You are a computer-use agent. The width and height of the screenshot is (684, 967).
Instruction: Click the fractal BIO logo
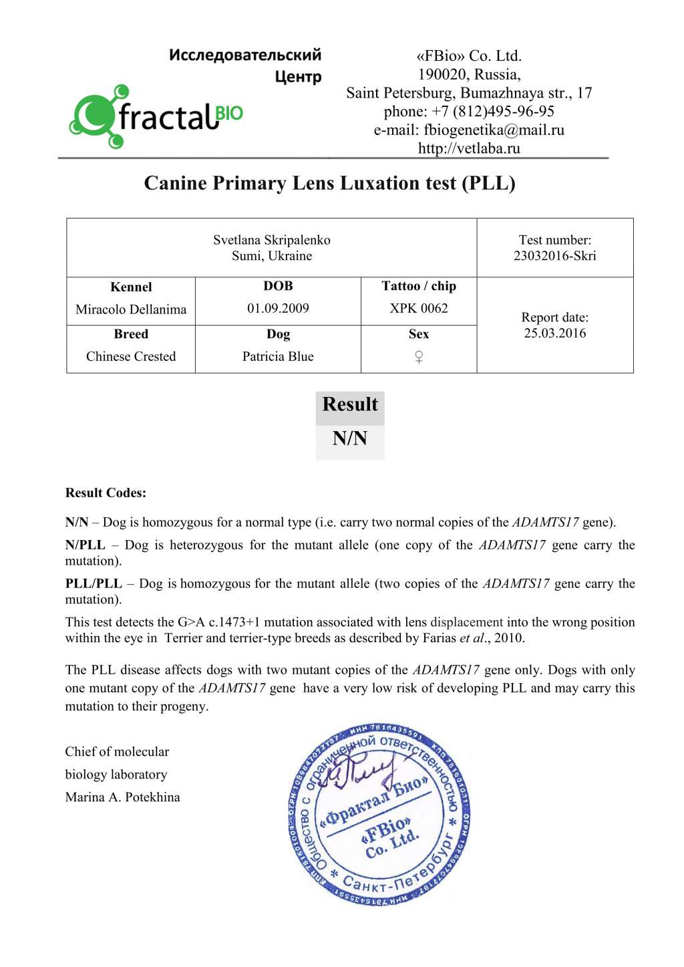[x=156, y=116]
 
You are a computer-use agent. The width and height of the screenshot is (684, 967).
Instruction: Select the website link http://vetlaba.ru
[x=469, y=148]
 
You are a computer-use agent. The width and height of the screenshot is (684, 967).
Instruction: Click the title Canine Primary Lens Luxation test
[x=329, y=183]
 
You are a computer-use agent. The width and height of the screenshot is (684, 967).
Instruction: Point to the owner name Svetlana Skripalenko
[x=271, y=240]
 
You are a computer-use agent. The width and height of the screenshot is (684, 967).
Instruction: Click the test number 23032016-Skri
[x=554, y=256]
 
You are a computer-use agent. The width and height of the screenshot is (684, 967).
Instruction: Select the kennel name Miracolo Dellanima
[x=131, y=309]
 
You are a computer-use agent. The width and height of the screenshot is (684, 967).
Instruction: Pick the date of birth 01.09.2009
[x=278, y=308]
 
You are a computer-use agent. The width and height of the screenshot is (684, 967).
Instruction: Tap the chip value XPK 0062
[x=419, y=308]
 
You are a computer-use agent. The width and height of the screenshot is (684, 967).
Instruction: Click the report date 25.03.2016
[x=554, y=333]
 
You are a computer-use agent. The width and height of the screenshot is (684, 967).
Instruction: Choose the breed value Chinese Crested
[x=131, y=356]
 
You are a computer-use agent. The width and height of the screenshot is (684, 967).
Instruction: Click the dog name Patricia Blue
[x=278, y=356]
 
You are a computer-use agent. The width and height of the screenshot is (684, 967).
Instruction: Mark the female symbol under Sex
[x=419, y=357]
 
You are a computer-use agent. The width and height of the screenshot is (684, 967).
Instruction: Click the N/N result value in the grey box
[x=350, y=438]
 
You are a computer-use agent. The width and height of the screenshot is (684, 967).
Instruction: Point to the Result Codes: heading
[x=106, y=493]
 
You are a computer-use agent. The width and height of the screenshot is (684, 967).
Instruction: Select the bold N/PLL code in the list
[x=85, y=545]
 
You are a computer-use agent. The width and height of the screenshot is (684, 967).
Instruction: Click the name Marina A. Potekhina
[x=122, y=797]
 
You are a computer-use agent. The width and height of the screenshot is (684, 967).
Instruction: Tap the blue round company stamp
[x=379, y=815]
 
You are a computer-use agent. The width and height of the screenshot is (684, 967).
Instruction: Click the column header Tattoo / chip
[x=419, y=286]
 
